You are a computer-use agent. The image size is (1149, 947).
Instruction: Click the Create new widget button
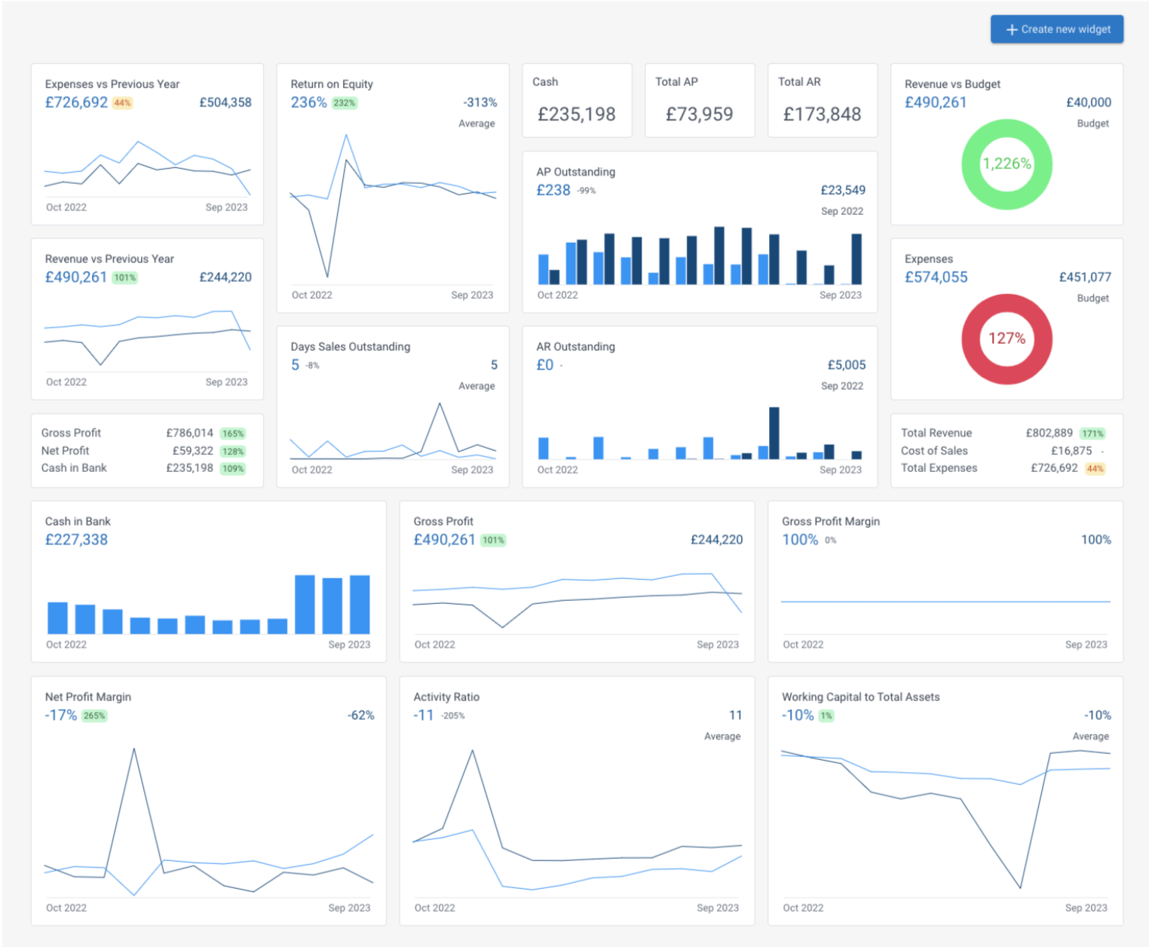point(1056,29)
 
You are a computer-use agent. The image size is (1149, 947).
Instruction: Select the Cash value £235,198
point(576,114)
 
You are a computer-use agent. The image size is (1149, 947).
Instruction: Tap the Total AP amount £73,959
point(699,114)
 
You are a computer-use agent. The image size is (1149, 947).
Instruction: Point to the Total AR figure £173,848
point(822,114)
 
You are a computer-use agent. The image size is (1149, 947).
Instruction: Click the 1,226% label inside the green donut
point(1007,164)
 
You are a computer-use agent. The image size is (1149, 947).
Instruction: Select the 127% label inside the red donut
point(1007,339)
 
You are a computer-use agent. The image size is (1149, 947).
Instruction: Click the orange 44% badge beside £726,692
point(122,103)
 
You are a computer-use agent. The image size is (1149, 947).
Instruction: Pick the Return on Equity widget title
point(332,84)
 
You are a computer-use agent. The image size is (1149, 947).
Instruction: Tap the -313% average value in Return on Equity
point(480,103)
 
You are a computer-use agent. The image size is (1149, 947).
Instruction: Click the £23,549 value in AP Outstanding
point(843,190)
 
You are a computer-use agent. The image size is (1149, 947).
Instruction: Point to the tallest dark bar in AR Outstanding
point(774,433)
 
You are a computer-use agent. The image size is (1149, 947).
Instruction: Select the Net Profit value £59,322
point(192,451)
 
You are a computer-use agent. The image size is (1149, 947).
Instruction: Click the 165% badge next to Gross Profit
point(233,434)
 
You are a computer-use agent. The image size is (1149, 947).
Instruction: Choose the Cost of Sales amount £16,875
point(1071,451)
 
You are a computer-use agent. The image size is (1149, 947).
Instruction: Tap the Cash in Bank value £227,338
point(76,540)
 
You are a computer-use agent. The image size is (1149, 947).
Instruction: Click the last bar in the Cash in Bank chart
point(360,604)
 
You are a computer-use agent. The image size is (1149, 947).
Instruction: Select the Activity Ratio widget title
point(446,697)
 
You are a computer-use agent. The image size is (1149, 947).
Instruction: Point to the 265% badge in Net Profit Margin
point(94,716)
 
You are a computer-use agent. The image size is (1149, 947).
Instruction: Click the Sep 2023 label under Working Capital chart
point(1086,908)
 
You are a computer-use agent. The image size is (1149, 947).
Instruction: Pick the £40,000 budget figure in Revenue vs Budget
point(1088,103)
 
